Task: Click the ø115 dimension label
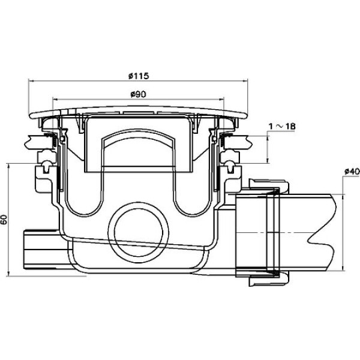[x=139, y=76]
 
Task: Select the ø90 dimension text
[x=138, y=94]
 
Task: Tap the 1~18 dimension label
[x=282, y=126]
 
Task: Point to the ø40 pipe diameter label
[x=352, y=171]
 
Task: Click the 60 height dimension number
[x=4, y=220]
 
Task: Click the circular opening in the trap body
[x=138, y=232]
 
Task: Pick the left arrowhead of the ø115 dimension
[x=31, y=81]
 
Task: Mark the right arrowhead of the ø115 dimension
[x=245, y=80]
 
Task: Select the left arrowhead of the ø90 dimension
[x=55, y=100]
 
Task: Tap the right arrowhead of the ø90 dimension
[x=221, y=100]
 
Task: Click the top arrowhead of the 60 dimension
[x=9, y=166]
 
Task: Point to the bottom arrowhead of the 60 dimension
[x=9, y=274]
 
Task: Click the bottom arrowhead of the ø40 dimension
[x=343, y=268]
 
